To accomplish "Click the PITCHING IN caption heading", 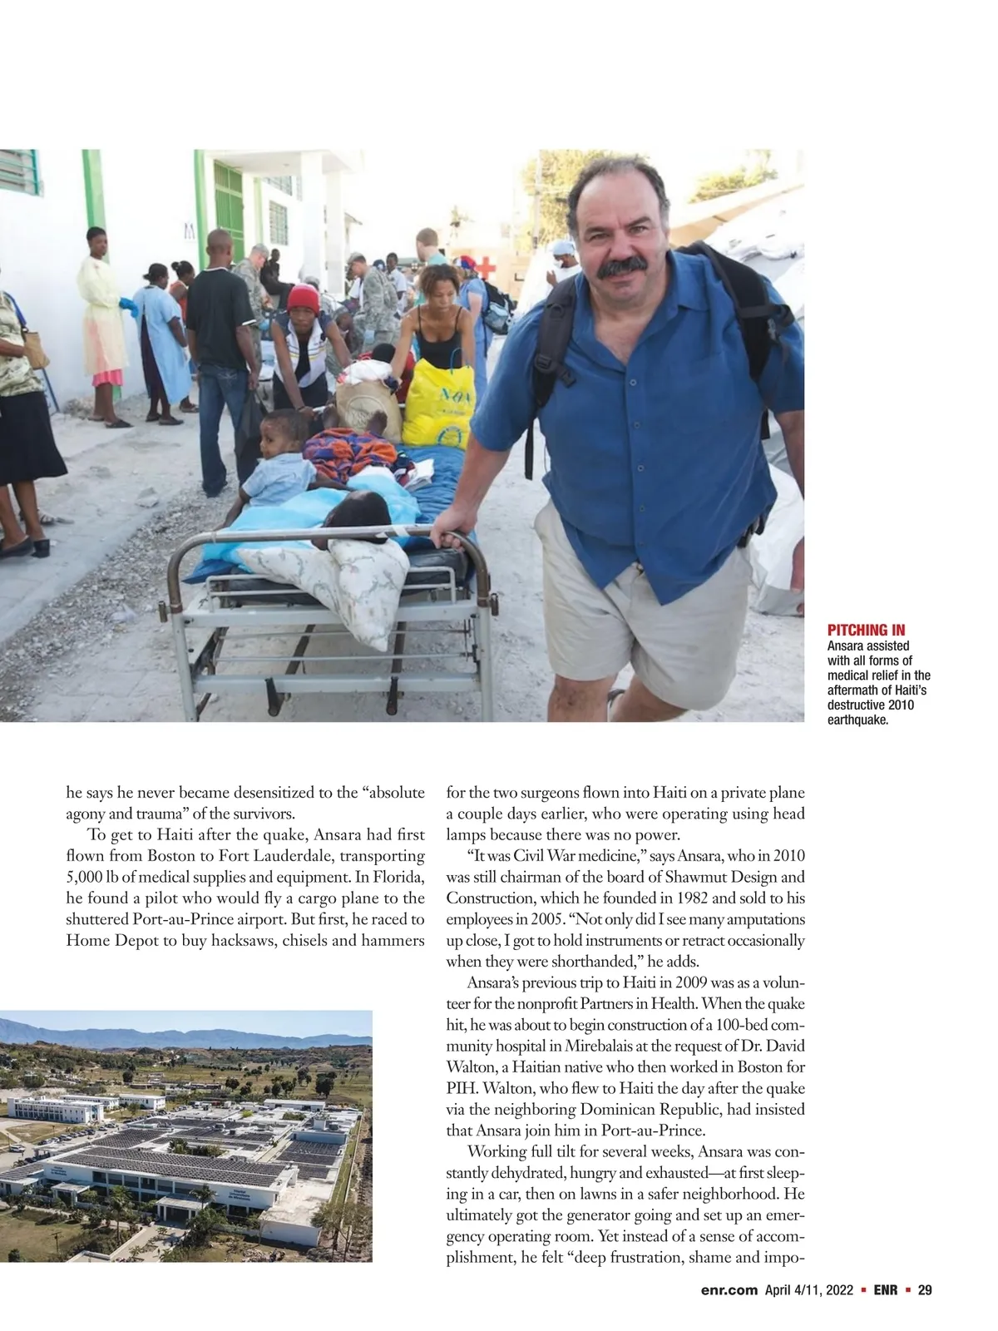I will click(x=866, y=630).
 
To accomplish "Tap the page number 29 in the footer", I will click(x=924, y=1290).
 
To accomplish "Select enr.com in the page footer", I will click(x=729, y=1290).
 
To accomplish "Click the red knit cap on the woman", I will click(x=303, y=299).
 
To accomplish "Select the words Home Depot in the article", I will click(x=109, y=941).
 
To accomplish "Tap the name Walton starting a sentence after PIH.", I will click(x=507, y=1088).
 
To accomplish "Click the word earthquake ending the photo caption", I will click(x=858, y=720).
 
